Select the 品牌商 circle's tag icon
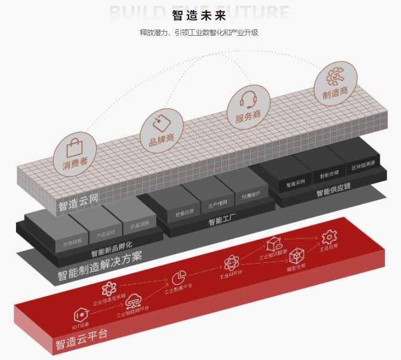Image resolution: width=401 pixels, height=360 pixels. coord(161,123)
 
